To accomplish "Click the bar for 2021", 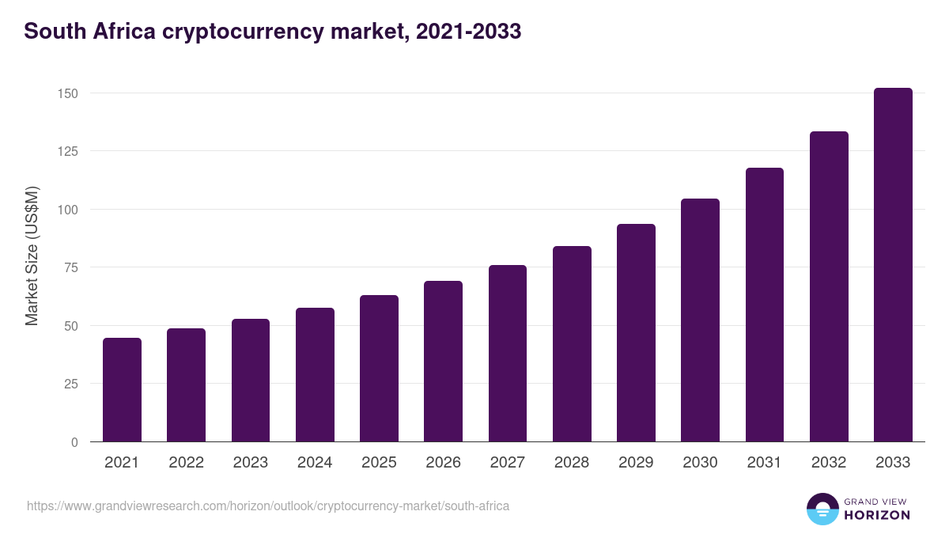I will [122, 390].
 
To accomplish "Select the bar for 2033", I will [893, 265].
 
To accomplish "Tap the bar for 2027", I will [508, 354].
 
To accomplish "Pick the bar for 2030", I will [700, 320].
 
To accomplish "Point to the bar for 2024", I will [315, 375].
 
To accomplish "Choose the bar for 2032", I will [829, 286].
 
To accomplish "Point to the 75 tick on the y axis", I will [71, 267].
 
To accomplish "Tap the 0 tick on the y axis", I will [74, 442].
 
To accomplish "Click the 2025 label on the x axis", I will [379, 463].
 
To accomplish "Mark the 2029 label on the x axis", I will [636, 463].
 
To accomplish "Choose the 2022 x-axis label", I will [186, 463].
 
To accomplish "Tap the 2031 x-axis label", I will [765, 463].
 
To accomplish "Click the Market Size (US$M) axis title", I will [32, 256].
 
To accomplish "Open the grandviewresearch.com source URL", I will [268, 506].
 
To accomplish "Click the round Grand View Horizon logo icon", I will [822, 509].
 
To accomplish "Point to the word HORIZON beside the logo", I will [877, 515].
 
